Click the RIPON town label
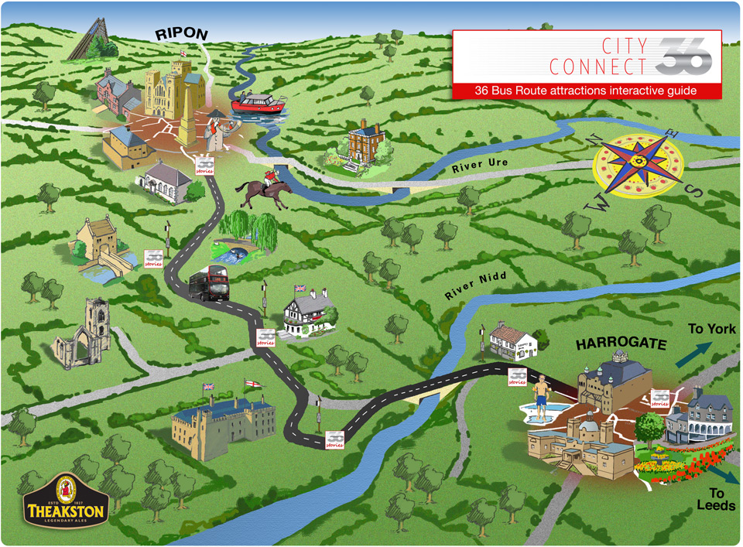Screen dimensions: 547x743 (183, 35)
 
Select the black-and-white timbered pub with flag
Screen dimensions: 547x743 (308, 312)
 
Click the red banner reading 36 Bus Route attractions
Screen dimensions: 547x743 (586, 91)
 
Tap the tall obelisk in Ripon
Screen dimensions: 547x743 (189, 108)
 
